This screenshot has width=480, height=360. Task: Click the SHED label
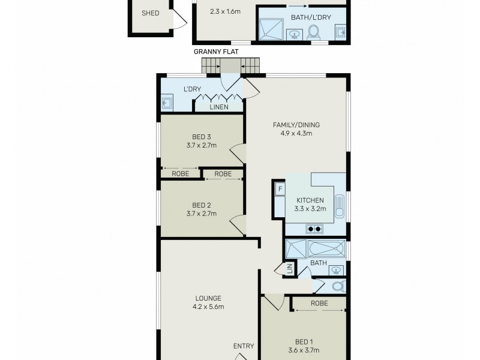pyautogui.click(x=150, y=13)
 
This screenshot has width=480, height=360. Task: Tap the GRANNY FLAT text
pyautogui.click(x=216, y=52)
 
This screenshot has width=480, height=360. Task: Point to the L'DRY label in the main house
pyautogui.click(x=192, y=89)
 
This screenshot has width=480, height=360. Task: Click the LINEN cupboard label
pyautogui.click(x=218, y=107)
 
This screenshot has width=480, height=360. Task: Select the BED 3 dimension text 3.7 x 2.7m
pyautogui.click(x=201, y=145)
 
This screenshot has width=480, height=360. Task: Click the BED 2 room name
pyautogui.click(x=201, y=203)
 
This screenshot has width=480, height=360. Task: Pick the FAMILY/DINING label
pyautogui.click(x=296, y=125)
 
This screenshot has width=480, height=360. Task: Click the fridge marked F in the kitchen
pyautogui.click(x=280, y=190)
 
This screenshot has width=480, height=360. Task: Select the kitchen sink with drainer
pyautogui.click(x=339, y=206)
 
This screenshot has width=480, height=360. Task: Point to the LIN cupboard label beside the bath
pyautogui.click(x=289, y=270)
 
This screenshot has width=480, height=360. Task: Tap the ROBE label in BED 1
pyautogui.click(x=319, y=304)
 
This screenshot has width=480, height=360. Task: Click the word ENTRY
pyautogui.click(x=244, y=346)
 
